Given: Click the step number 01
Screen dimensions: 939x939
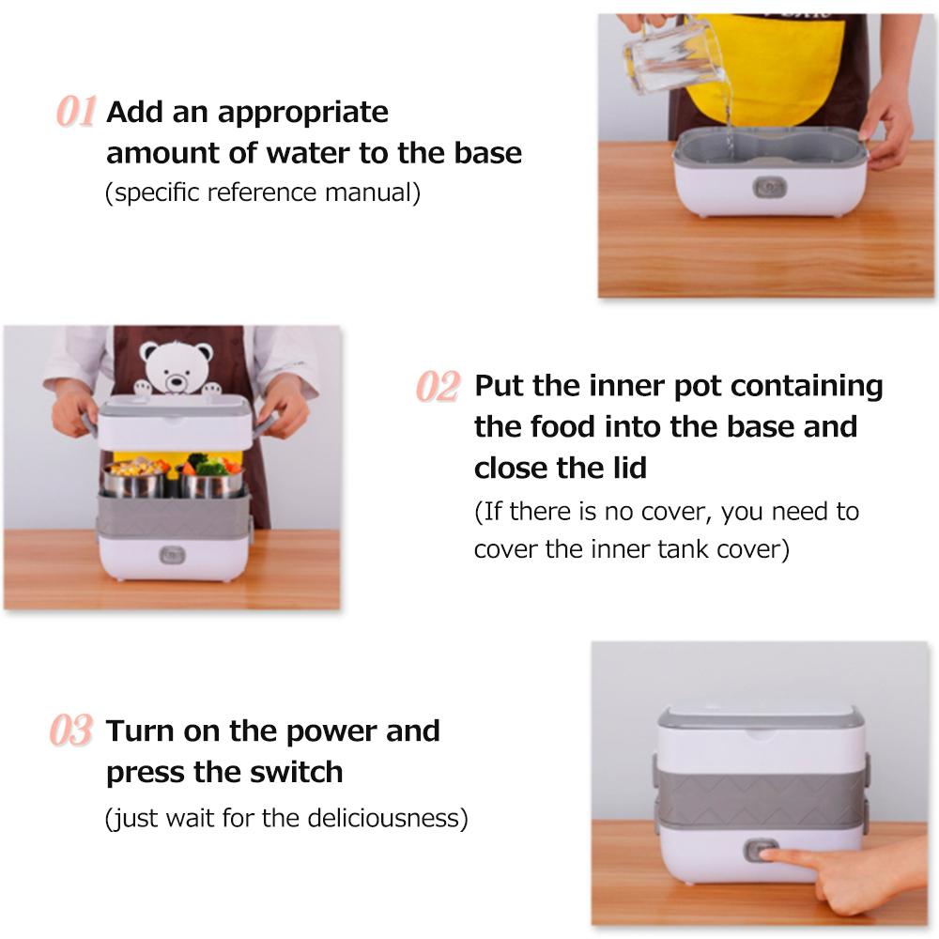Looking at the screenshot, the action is (76, 112).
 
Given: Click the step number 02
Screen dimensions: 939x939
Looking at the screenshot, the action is (439, 386).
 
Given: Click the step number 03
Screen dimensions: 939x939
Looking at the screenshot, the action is (71, 731).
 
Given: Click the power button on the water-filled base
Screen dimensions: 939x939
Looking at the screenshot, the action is (770, 188).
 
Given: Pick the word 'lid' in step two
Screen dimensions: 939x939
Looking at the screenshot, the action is (631, 468).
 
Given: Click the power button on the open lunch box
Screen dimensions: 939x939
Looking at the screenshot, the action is (173, 556).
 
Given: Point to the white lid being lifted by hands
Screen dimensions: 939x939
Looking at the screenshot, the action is (175, 423).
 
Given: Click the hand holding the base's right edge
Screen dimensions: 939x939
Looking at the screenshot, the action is (888, 127).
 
